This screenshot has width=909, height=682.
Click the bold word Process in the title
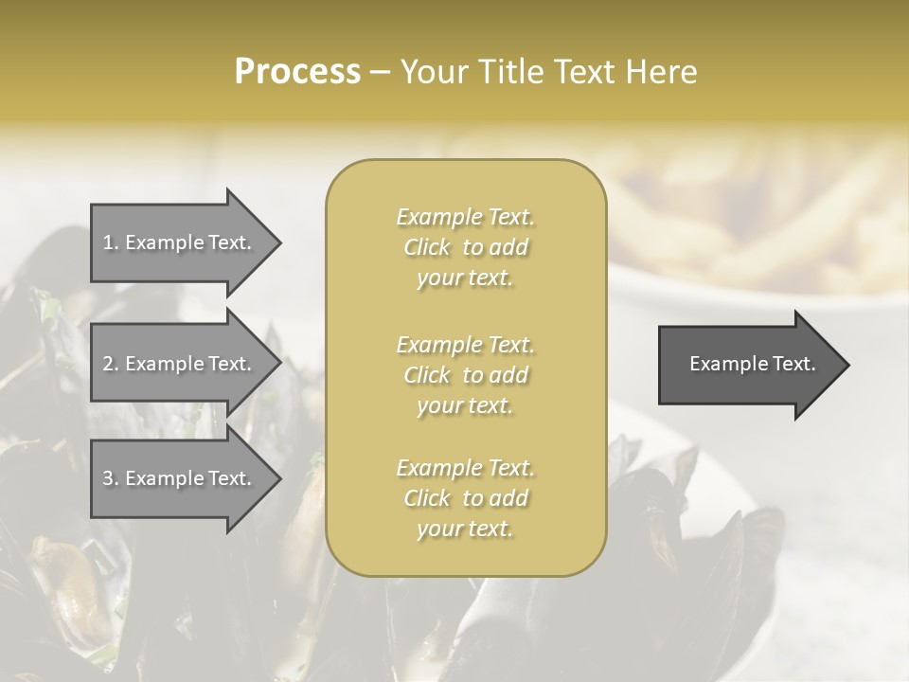coord(297,72)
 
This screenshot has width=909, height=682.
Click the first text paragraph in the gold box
coord(466,247)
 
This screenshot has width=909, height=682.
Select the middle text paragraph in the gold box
coord(466,375)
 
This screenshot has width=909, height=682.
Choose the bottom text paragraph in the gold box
coord(466,498)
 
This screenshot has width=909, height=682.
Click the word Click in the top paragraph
coord(427,247)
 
